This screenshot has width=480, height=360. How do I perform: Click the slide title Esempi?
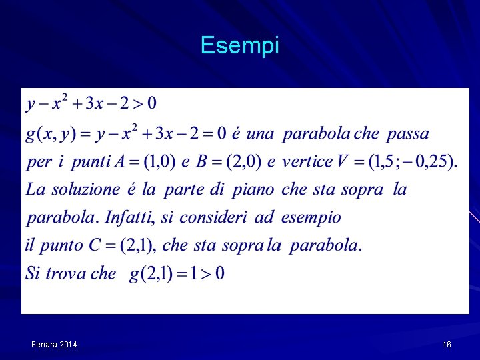point(239,45)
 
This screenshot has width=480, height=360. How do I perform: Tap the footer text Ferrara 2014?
point(54,345)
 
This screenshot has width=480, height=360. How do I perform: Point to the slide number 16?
point(447,345)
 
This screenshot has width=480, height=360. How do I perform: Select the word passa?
point(407,134)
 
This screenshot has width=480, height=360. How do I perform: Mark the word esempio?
point(311,218)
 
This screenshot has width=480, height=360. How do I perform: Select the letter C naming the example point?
point(95,245)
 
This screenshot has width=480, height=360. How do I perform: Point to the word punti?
point(90,162)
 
